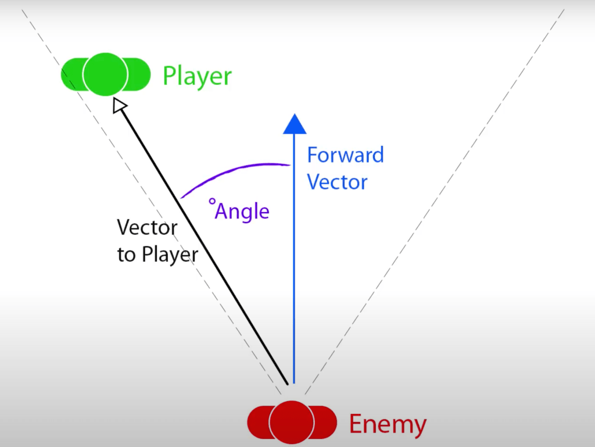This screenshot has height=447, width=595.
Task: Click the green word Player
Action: (x=197, y=77)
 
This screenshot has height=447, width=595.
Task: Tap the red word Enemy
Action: (x=388, y=424)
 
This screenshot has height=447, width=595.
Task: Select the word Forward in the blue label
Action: (x=345, y=155)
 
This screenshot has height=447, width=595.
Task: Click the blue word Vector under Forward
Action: (x=337, y=182)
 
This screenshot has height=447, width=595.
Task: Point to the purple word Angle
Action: (x=242, y=211)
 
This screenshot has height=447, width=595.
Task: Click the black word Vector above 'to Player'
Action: (x=147, y=227)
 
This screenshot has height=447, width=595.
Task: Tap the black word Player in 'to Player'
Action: (x=169, y=255)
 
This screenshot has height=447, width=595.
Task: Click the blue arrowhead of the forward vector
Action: (x=295, y=123)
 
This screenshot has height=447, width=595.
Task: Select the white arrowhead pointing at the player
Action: (x=119, y=105)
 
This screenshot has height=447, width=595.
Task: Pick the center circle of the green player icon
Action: (x=105, y=74)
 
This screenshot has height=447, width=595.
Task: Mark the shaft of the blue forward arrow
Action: (x=294, y=262)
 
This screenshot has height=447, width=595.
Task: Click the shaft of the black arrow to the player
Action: (x=203, y=244)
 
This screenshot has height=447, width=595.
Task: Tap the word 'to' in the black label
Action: (x=126, y=255)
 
